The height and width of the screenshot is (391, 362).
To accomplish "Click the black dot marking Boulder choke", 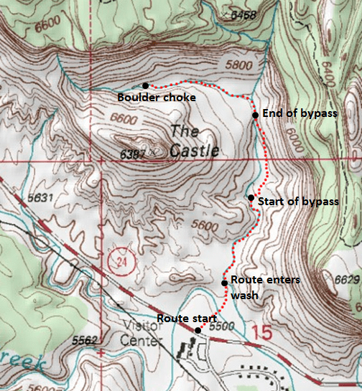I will pyautogui.click(x=145, y=85).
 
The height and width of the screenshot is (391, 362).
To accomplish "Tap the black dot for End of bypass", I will pyautogui.click(x=255, y=114).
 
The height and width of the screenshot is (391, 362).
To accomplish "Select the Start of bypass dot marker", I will pyautogui.click(x=250, y=197).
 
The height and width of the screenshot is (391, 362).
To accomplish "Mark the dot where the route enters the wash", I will pyautogui.click(x=224, y=282).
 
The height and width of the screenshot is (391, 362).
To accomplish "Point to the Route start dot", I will pyautogui.click(x=198, y=330).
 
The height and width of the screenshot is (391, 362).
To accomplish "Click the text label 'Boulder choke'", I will pyautogui.click(x=157, y=98).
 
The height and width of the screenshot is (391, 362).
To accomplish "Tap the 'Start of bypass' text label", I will pyautogui.click(x=297, y=202).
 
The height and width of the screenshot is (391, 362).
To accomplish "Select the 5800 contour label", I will pyautogui.click(x=236, y=65).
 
